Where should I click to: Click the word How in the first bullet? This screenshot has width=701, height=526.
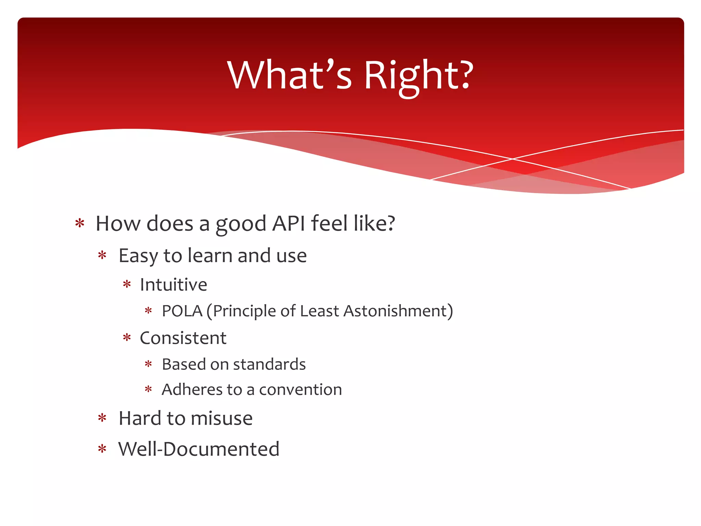(118, 224)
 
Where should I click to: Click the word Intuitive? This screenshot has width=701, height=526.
(174, 285)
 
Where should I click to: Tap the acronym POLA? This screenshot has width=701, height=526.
(182, 311)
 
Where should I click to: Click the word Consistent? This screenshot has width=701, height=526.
(183, 338)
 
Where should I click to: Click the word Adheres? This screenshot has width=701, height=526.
(190, 390)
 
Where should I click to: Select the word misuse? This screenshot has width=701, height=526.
(222, 418)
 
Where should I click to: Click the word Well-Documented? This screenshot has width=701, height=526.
(199, 449)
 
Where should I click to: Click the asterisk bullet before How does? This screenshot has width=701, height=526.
(80, 224)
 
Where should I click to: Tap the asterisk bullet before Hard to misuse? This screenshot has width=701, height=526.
(102, 418)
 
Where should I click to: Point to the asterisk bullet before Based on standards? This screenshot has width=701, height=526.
(148, 364)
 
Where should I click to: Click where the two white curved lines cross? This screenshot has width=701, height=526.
(512, 159)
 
